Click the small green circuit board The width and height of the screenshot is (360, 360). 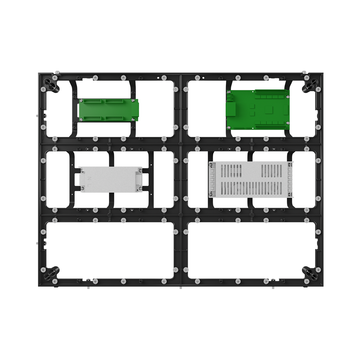108,110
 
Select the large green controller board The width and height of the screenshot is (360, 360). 258,110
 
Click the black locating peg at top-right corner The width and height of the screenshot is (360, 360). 310,85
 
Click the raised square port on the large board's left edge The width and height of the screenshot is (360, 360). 231,109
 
